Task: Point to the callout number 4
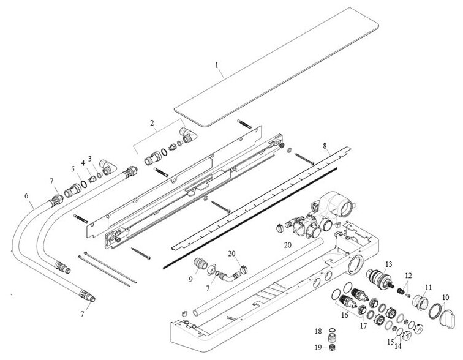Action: tap(83, 163)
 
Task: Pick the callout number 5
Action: tap(72, 170)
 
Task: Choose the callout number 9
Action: tap(190, 279)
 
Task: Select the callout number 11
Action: tap(429, 287)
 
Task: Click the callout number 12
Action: tap(408, 275)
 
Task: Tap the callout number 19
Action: tap(318, 348)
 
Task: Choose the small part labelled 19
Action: tap(334, 348)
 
